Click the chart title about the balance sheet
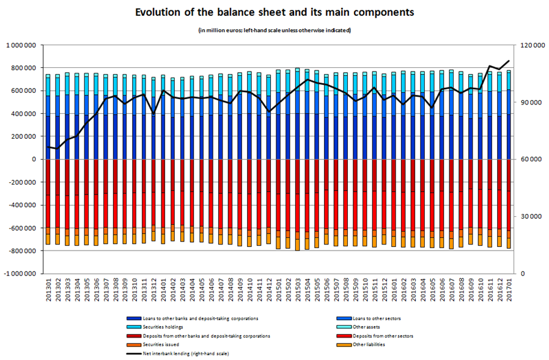274,12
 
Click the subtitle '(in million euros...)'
274,30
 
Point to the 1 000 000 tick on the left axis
22,45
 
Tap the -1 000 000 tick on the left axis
21,274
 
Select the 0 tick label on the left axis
37,160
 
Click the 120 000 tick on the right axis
530,45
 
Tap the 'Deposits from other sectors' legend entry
380,336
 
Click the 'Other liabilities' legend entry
367,345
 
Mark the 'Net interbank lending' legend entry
177,353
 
